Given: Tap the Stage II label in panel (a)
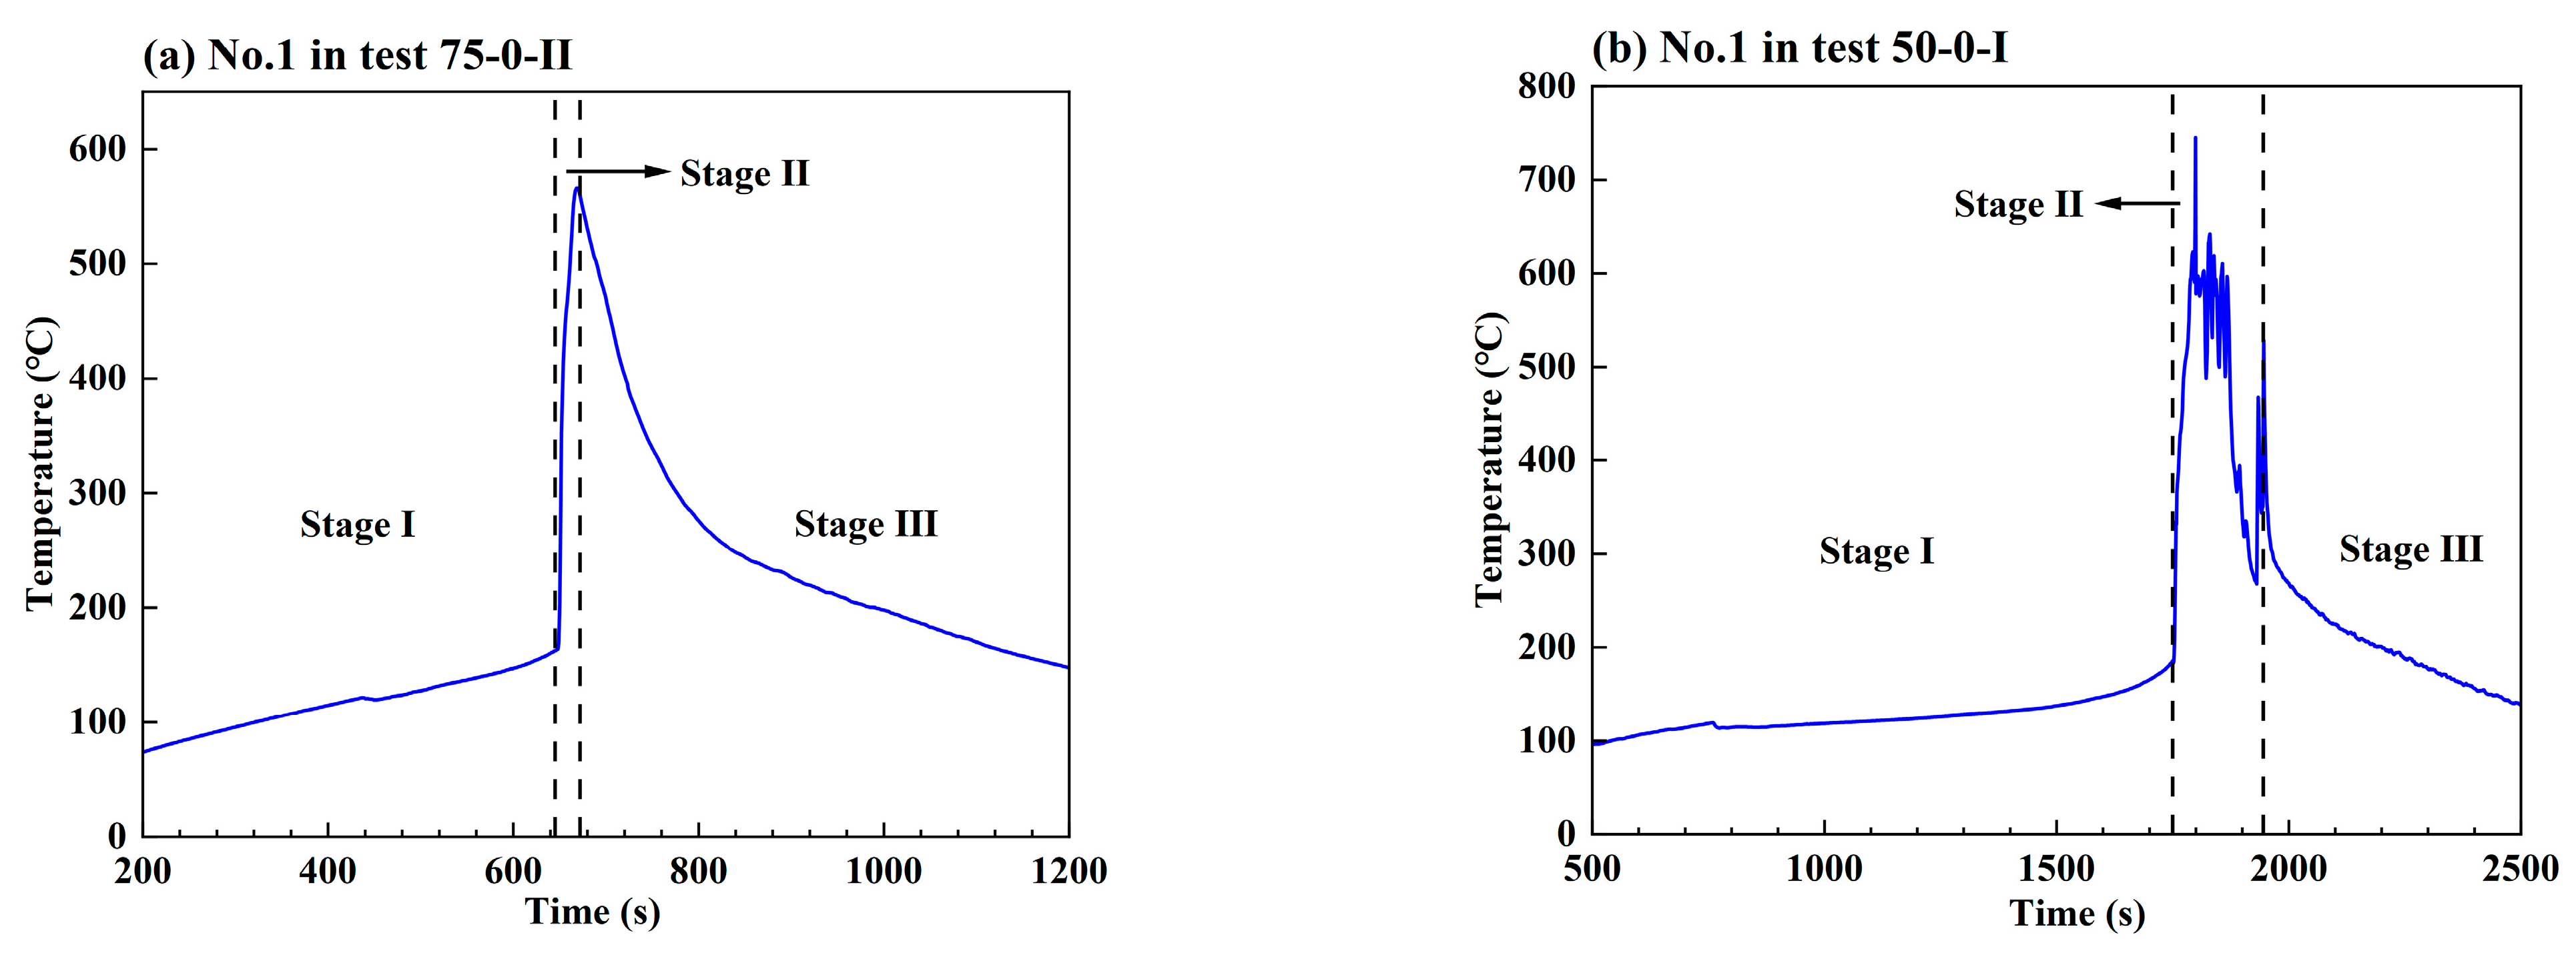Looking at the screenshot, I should (744, 174).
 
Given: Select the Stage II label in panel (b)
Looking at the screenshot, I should (2019, 205).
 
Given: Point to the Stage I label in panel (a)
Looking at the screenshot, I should (357, 524).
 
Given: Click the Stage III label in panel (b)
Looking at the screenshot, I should (2410, 550).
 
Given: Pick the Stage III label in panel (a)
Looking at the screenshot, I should (866, 524).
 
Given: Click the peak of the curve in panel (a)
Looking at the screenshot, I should (577, 188).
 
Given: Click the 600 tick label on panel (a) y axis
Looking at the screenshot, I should (98, 150).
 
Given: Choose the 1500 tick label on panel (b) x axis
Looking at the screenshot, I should (2055, 869).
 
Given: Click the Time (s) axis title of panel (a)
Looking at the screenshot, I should (593, 912).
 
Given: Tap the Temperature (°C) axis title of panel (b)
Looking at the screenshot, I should (1490, 459).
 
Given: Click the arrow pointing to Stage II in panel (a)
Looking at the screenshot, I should (617, 172).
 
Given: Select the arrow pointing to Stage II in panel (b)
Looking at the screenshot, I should (2138, 204).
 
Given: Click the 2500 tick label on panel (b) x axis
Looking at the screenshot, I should (2519, 869).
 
